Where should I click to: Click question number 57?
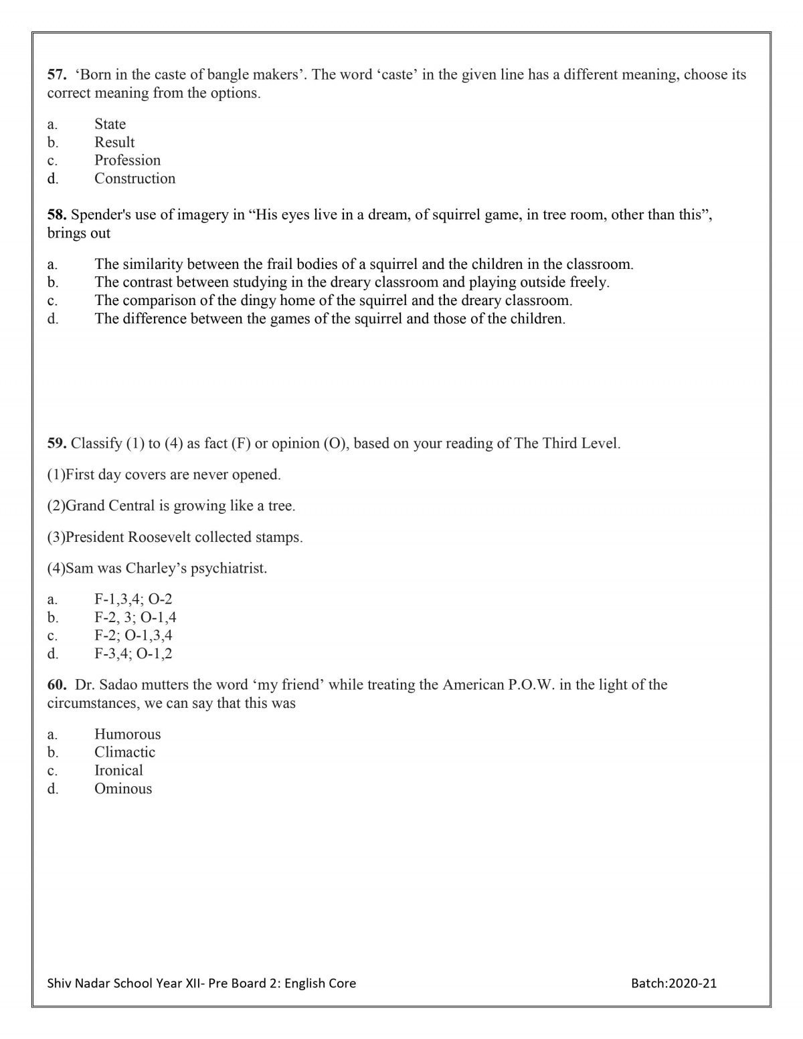56,75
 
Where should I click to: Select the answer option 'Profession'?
127,161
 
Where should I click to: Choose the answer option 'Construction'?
135,179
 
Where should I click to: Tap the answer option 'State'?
110,124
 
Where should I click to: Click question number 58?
56,215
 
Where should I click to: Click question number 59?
56,444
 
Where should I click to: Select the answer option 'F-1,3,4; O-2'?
133,599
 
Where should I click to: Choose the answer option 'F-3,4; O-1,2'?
133,654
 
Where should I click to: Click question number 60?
56,685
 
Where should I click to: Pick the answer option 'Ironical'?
118,771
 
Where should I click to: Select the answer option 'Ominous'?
123,789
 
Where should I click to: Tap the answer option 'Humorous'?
127,735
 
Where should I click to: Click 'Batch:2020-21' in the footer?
673,983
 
